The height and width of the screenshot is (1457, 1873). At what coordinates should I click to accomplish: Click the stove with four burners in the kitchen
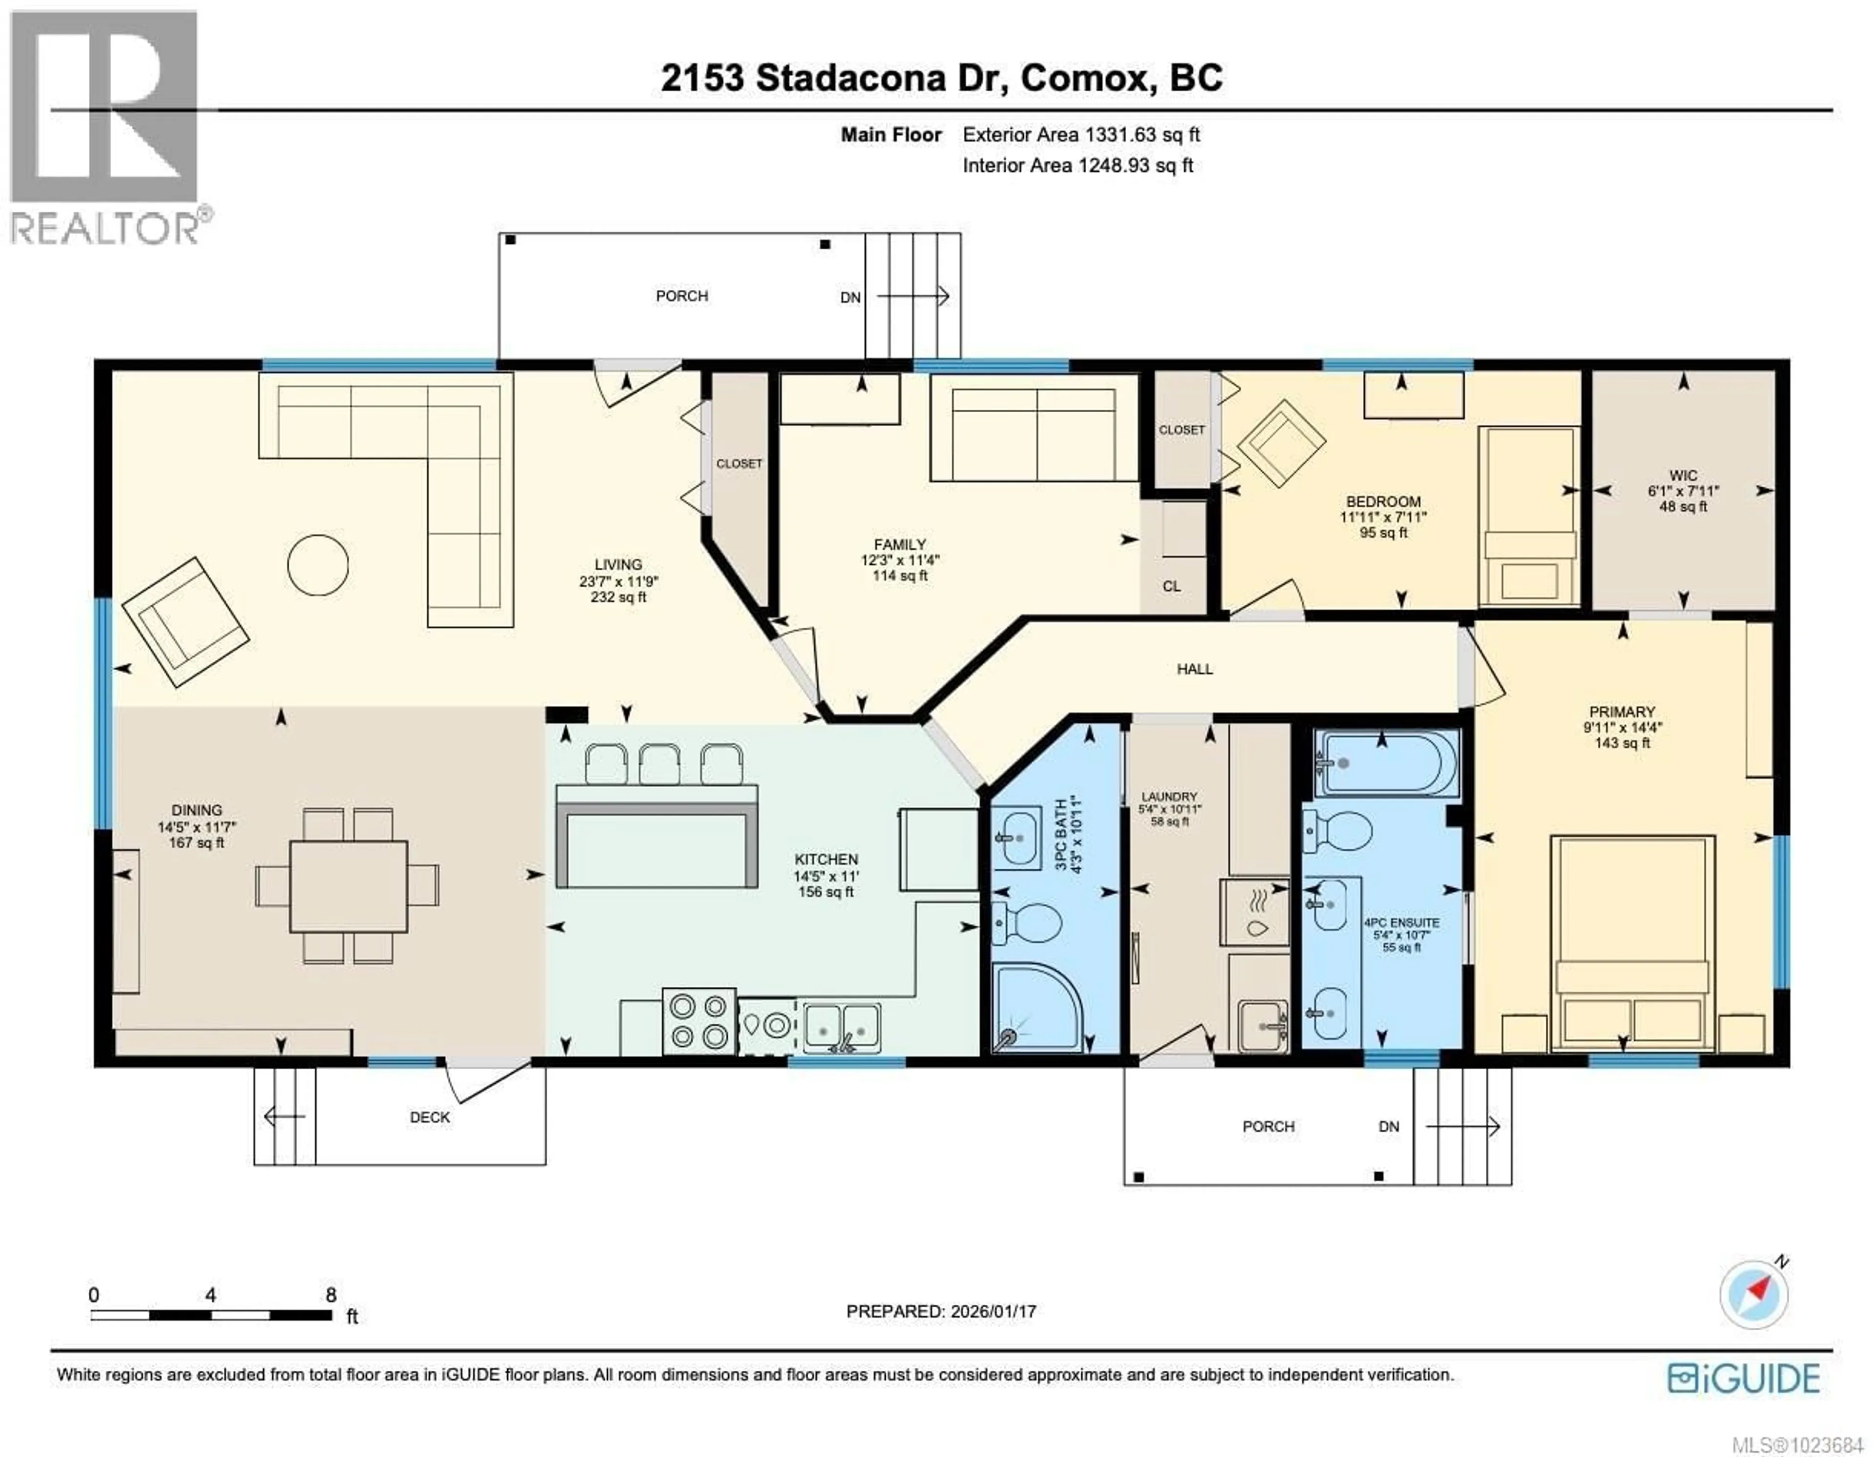click(x=698, y=1020)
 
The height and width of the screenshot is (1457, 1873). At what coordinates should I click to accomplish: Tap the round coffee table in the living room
click(x=318, y=564)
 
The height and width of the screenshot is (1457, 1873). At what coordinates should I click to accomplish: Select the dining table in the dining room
click(x=348, y=886)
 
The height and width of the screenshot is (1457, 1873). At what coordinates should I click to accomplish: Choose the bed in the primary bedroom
click(x=1632, y=941)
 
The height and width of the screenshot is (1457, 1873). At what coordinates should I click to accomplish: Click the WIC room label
click(x=1683, y=475)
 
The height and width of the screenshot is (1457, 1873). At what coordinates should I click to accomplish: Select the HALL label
click(x=1194, y=669)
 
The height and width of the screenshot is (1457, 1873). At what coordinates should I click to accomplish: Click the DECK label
click(x=430, y=1118)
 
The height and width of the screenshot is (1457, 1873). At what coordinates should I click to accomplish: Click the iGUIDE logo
click(x=1744, y=1378)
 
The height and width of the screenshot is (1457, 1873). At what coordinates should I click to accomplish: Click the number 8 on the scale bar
click(x=331, y=1295)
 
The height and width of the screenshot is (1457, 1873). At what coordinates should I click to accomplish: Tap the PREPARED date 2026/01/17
click(x=941, y=1311)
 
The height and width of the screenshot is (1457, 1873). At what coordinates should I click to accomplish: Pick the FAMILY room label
click(x=899, y=544)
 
